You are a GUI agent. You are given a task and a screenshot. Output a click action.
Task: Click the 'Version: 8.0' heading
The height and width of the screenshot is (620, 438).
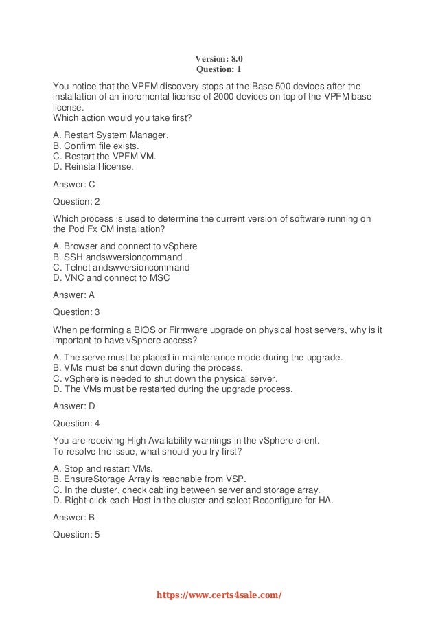(219, 59)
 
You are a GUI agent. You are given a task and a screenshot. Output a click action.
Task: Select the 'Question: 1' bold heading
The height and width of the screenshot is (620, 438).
(219, 70)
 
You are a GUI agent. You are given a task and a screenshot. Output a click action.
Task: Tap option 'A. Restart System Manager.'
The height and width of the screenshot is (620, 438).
(111, 135)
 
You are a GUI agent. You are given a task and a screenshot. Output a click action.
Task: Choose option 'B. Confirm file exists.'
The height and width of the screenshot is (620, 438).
(96, 146)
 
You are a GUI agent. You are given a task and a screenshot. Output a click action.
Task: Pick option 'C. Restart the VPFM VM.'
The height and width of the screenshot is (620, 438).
(104, 156)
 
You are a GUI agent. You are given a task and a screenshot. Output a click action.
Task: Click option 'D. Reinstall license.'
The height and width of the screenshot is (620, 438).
(93, 166)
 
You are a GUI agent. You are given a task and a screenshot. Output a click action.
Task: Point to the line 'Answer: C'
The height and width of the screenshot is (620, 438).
(74, 184)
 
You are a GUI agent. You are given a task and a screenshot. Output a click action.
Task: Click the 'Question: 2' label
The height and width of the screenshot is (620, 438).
(76, 201)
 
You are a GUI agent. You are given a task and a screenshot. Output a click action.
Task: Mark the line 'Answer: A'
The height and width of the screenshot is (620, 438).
(74, 295)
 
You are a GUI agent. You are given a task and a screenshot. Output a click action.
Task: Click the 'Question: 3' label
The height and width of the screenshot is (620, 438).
(76, 312)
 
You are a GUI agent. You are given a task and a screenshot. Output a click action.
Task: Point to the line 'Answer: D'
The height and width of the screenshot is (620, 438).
(74, 406)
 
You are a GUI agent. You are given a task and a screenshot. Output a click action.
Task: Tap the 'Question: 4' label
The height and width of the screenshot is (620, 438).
(76, 423)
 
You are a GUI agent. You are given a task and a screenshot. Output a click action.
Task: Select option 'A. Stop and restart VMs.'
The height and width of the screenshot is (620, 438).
(103, 468)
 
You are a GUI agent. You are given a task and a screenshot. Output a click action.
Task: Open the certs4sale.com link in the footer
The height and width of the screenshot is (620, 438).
(219, 595)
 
